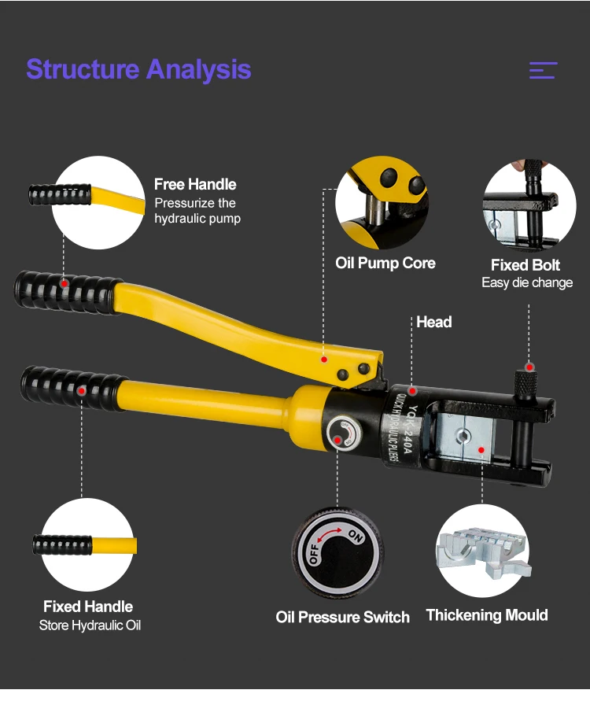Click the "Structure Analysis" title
(x=138, y=69)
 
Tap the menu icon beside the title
(x=543, y=70)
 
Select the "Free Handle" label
(x=195, y=185)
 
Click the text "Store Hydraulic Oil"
(x=90, y=625)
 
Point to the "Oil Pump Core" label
(x=385, y=263)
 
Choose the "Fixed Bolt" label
(x=525, y=265)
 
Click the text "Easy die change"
(x=527, y=282)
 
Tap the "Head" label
(x=434, y=322)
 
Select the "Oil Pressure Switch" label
(x=342, y=618)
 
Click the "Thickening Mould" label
(x=487, y=615)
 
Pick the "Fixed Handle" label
(x=88, y=607)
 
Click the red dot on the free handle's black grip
(x=65, y=283)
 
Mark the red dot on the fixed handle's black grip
(x=81, y=389)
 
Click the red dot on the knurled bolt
(x=530, y=367)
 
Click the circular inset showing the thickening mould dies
(x=481, y=551)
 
